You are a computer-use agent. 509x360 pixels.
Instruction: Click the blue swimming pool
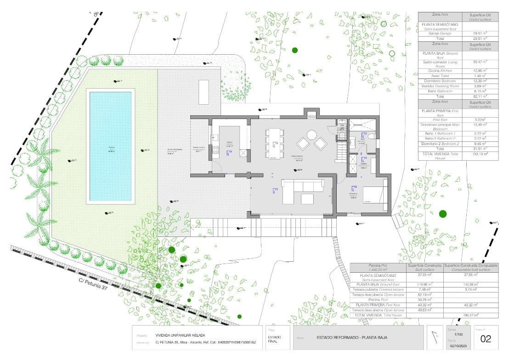point(110,146)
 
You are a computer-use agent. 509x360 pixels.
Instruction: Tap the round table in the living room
point(312,135)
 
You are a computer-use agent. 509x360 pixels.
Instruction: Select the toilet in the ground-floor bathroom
point(371,136)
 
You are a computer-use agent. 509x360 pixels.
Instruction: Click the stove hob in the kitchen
point(215,149)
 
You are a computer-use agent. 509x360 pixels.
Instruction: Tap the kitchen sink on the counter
point(215,136)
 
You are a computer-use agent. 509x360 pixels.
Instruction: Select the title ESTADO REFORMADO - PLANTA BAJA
point(352,337)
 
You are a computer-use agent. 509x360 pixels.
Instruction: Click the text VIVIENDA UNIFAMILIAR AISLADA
point(180,335)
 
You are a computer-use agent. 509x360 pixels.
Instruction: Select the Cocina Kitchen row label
point(440,71)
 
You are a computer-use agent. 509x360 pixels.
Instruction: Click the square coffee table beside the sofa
point(307,198)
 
